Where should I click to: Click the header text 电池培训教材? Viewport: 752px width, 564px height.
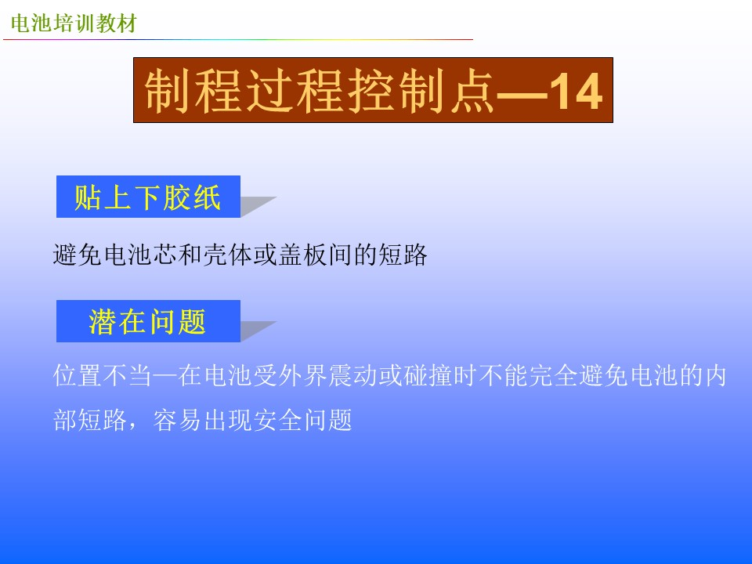point(74,23)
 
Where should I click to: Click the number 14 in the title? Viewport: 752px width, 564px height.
point(576,91)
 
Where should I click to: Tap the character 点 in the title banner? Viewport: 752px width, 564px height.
point(472,91)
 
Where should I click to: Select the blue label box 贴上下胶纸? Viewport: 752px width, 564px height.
point(148,197)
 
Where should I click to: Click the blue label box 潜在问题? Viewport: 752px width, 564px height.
point(148,321)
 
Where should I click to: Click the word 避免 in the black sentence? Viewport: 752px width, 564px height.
point(78,254)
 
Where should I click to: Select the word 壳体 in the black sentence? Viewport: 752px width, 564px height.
point(227,254)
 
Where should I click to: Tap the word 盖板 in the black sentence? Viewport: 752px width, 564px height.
point(302,254)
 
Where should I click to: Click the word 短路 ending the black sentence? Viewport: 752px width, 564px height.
point(402,254)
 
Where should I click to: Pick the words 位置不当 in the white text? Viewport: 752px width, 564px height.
point(102,375)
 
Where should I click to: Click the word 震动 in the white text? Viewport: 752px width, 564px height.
point(352,375)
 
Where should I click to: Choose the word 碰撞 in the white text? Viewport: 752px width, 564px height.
point(428,375)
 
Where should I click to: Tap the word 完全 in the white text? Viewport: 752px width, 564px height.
point(552,375)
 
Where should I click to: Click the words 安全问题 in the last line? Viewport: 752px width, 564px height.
point(302,420)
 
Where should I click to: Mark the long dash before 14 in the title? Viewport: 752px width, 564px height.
point(522,95)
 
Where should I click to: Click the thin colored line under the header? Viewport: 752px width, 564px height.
point(238,40)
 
